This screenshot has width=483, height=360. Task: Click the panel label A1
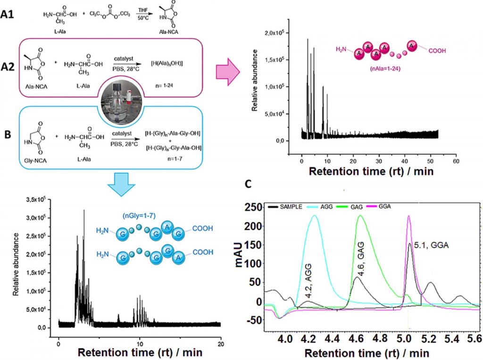10,15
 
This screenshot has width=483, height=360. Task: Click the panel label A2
10,65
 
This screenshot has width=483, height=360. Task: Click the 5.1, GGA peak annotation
427,246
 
